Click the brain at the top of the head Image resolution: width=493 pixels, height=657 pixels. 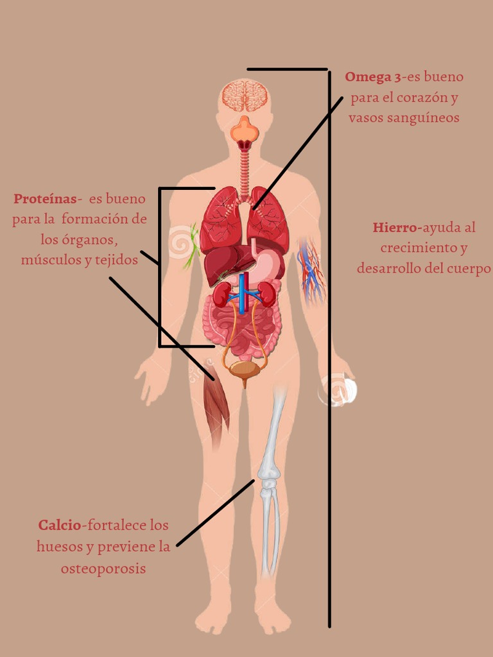point(245,96)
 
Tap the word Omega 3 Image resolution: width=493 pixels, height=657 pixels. point(373,77)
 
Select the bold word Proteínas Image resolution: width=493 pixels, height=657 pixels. point(45,198)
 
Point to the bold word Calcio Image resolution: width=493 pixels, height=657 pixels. point(60,525)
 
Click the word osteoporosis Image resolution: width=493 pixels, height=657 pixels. point(103,568)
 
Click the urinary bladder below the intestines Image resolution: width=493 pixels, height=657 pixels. point(245,370)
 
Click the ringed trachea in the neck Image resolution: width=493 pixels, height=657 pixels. point(244,170)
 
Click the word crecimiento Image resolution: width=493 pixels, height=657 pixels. point(423,248)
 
